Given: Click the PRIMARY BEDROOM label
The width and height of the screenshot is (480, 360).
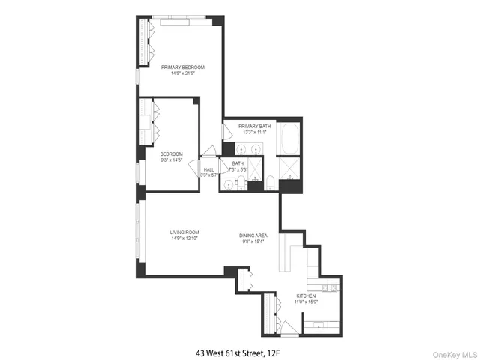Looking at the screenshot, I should [183, 67].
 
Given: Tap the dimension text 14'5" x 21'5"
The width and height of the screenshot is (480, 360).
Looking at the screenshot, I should [183, 73].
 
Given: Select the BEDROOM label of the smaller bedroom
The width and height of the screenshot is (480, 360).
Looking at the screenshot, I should [171, 154].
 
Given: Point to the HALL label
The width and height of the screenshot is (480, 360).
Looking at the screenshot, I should [208, 169].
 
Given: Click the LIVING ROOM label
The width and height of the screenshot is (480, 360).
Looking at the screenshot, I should [183, 232].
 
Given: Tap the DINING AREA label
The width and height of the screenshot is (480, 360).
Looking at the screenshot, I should [253, 235].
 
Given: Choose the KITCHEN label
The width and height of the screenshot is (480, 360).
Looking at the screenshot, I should [306, 296].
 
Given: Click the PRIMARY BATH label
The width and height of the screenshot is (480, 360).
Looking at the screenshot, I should [255, 126].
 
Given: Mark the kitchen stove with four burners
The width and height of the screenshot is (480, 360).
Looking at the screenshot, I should [328, 288].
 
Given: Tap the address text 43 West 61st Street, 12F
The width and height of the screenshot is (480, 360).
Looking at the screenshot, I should [239, 350].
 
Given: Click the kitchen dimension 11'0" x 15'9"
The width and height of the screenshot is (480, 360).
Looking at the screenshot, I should [306, 302].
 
